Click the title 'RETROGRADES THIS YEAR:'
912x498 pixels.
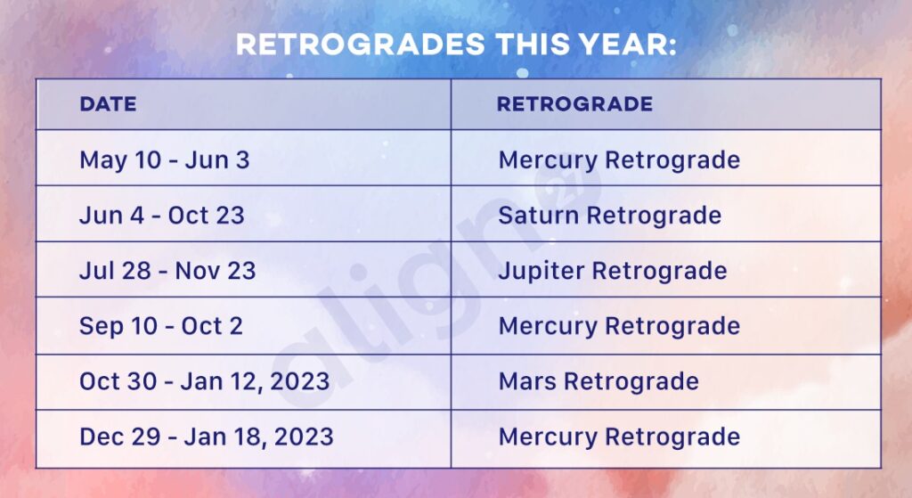pos(455,45)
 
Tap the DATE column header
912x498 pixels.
pos(108,104)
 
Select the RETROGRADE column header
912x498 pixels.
pos(574,104)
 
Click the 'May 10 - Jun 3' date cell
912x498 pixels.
pos(165,160)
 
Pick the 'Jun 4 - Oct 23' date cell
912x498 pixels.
pos(162,216)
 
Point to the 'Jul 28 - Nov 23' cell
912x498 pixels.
pos(167,271)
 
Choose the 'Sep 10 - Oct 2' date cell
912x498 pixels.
pos(161,326)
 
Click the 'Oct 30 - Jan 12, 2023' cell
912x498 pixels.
pos(205,382)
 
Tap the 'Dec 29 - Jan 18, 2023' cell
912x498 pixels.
pos(207,437)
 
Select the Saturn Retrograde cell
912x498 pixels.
pos(610,216)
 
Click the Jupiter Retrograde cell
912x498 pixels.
pos(613,271)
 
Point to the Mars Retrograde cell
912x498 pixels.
pos(598,382)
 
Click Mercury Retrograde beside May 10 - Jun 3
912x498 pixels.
pos(619,160)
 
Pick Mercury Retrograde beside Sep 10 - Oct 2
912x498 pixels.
pos(619,326)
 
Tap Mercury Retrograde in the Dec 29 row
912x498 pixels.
pos(619,437)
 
